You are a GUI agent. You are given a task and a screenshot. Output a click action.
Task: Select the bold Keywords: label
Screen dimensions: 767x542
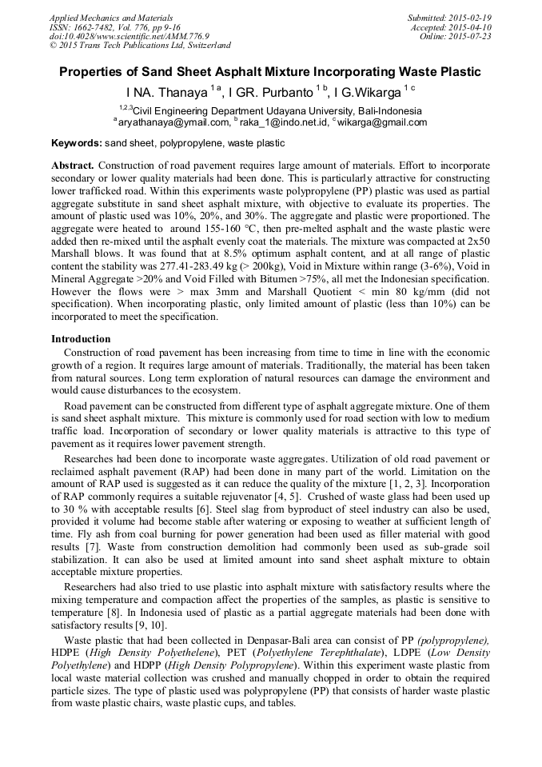click(x=77, y=143)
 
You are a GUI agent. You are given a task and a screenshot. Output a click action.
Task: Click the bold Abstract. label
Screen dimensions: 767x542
click(x=73, y=165)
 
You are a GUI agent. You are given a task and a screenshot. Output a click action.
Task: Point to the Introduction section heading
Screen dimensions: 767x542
click(x=81, y=339)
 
